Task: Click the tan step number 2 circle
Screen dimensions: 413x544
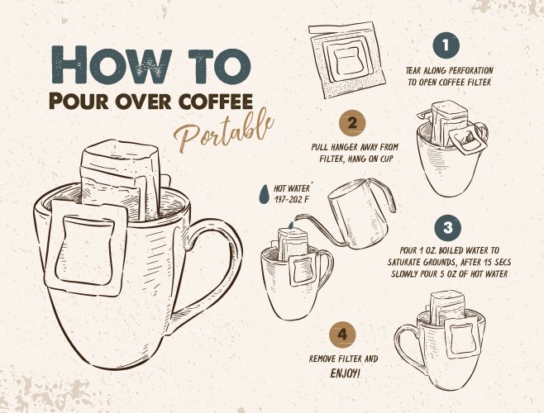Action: [353, 123]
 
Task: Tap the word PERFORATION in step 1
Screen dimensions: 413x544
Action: [470, 70]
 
